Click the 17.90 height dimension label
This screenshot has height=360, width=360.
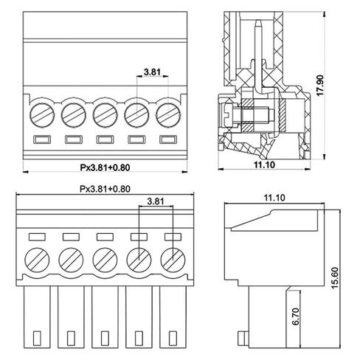click(x=320, y=86)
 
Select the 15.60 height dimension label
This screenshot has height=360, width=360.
click(x=335, y=278)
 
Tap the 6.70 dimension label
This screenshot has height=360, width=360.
click(x=296, y=316)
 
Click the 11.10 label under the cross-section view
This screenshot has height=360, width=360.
click(x=264, y=165)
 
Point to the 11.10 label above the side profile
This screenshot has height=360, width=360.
click(x=274, y=198)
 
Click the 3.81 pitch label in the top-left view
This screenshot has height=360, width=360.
click(x=152, y=72)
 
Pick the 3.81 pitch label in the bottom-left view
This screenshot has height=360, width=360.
click(x=156, y=201)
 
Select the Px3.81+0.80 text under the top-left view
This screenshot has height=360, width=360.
click(x=105, y=167)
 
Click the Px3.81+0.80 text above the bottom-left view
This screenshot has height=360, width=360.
click(x=105, y=189)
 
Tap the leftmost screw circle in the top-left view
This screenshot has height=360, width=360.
click(x=42, y=115)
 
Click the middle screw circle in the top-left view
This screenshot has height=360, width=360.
click(x=105, y=115)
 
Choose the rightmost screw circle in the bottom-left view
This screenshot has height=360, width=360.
click(x=173, y=260)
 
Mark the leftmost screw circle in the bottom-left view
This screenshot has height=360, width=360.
click(x=37, y=260)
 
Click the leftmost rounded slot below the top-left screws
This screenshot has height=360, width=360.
click(x=42, y=139)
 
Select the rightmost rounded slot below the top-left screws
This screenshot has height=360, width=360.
click(x=168, y=139)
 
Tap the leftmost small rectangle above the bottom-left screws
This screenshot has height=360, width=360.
click(x=37, y=237)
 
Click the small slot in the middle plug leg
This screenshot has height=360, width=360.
click(x=105, y=339)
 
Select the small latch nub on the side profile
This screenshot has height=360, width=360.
click(x=243, y=338)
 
